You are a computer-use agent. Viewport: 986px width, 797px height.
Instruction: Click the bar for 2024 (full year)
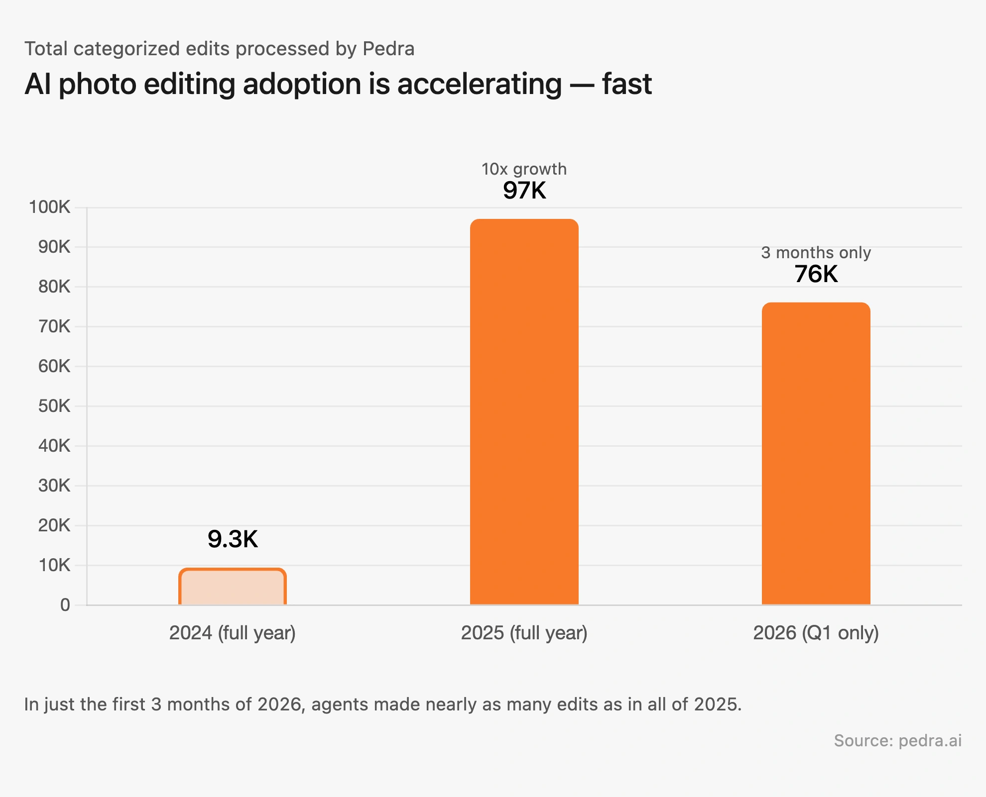(x=233, y=587)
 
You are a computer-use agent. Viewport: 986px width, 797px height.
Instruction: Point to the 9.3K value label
(x=233, y=539)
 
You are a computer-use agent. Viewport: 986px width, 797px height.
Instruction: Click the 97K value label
(x=524, y=191)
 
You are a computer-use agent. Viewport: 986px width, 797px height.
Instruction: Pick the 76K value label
(x=816, y=274)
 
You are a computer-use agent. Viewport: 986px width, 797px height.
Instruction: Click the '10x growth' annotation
(x=524, y=169)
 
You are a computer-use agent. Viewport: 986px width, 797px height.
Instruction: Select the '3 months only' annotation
(x=816, y=253)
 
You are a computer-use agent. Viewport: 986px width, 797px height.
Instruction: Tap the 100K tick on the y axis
(x=50, y=207)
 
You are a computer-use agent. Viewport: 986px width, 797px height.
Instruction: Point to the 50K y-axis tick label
(x=54, y=406)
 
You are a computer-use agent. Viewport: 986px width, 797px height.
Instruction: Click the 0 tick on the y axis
(x=65, y=605)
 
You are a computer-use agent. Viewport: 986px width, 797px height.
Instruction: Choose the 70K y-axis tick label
(x=54, y=326)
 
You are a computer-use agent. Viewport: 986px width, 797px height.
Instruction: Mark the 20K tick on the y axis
(x=54, y=525)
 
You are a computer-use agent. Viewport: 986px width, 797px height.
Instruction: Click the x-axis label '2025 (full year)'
(x=524, y=633)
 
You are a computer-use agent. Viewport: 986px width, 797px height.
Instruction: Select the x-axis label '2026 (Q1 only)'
(x=816, y=633)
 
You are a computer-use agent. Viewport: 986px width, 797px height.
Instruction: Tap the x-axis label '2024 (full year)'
(x=233, y=633)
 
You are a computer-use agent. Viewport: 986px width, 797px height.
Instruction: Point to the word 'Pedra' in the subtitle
(x=388, y=49)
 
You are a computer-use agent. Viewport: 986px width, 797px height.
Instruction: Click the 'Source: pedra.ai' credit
(x=897, y=740)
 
